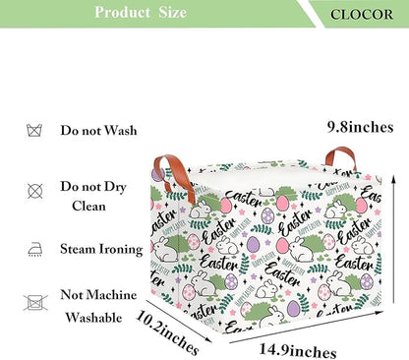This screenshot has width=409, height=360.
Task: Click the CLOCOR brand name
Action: point(362,15)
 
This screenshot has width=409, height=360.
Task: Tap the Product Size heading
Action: point(141,13)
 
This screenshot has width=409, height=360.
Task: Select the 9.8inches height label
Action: point(361,127)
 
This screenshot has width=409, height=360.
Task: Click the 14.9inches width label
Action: point(298,350)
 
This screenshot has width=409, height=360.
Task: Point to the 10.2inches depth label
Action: point(168,332)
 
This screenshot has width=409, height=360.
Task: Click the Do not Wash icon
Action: point(34,131)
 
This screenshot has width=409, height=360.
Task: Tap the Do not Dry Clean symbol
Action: point(35,191)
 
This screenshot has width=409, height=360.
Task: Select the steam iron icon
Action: point(34,249)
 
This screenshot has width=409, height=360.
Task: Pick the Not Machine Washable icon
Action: point(35,302)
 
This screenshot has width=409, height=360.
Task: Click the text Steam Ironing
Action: point(101,249)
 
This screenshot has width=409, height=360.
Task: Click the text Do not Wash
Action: point(98,130)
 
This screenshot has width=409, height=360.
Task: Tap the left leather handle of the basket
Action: point(173,177)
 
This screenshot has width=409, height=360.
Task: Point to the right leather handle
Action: point(341,158)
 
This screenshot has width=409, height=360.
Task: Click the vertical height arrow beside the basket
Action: point(394,239)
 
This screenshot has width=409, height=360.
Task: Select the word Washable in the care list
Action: point(93,318)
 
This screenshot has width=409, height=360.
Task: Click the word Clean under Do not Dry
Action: point(88,207)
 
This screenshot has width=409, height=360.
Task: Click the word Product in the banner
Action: point(122,13)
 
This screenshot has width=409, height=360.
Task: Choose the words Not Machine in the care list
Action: point(98,295)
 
